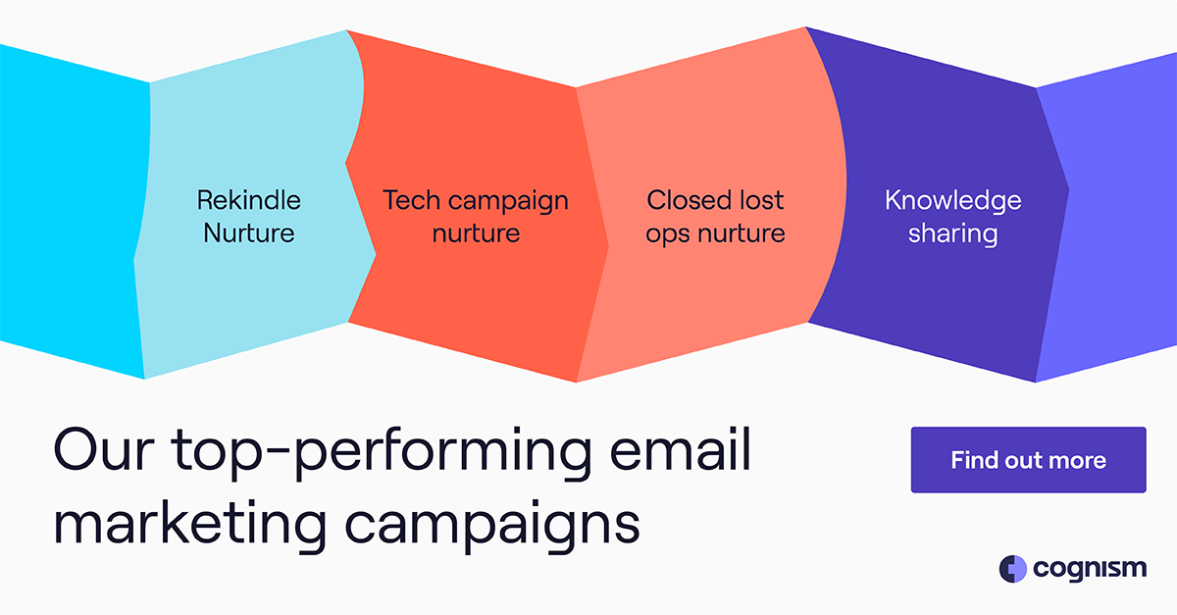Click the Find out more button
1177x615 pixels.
(1028, 460)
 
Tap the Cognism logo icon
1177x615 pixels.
(1012, 569)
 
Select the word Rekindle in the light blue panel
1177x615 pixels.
(249, 201)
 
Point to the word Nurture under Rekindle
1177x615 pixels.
(249, 233)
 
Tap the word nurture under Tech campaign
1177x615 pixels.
(476, 233)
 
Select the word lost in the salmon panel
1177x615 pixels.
(762, 201)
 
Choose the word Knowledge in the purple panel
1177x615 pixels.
(952, 202)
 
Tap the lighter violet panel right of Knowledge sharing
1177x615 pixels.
(1118, 216)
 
